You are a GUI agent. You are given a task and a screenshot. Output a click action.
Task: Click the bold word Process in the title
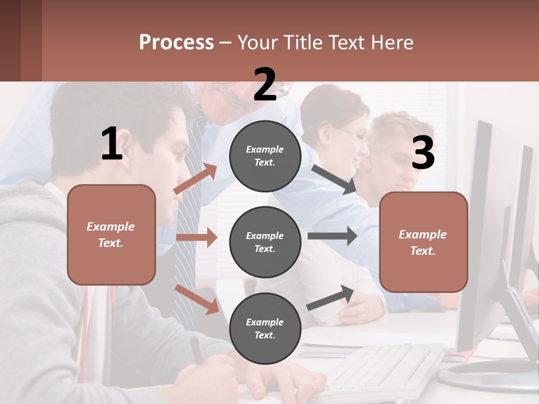pos(176,43)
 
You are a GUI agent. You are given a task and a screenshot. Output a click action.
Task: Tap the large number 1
pos(112,144)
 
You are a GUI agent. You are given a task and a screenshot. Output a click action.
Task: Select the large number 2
pos(265,85)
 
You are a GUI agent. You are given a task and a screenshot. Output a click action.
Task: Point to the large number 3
pos(423,153)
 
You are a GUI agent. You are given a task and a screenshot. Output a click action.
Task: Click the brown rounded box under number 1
pos(111,235)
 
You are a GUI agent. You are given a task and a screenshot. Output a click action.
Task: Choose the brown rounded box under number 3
pos(423,242)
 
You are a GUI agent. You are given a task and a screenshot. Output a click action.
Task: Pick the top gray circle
pos(265,156)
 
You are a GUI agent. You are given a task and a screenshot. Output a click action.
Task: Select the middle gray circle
pos(265,242)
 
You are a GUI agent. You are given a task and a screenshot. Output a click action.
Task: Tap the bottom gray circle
pos(265,328)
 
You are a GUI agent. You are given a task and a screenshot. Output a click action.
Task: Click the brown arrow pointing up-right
pos(195,179)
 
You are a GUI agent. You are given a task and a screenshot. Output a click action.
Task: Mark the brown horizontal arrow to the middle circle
pos(197,237)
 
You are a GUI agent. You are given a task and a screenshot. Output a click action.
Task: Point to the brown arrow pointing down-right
pos(197,299)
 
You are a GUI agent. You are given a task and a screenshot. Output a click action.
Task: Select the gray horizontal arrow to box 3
pos(332,236)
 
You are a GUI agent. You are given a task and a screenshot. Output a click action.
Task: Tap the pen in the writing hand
pos(197,351)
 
